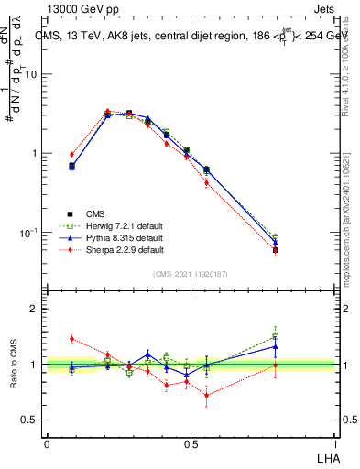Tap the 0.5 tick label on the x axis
coord(190,442)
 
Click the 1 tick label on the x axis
coord(334,442)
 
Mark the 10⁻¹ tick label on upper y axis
coord(29,233)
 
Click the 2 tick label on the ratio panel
coord(35,310)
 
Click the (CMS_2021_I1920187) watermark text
coord(191,273)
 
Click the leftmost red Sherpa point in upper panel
coord(72,154)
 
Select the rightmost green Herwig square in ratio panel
coord(275,336)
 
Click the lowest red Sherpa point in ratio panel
coord(206,396)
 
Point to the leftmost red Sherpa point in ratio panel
coord(72,338)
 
